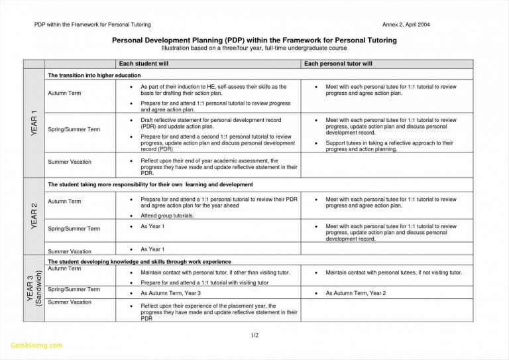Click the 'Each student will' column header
pos(145,64)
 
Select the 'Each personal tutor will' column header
pos(338,64)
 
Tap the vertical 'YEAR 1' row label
pos(34,124)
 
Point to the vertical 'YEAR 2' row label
pos(34,216)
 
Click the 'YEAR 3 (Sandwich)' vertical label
pos(34,288)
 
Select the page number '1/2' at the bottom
pos(254,335)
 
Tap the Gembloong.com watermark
pos(37,345)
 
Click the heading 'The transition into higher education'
pos(94,76)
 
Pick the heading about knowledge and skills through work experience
pos(139,262)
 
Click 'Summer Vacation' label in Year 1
pos(70,162)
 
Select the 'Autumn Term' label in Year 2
pos(64,201)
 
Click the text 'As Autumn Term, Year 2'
pos(356,292)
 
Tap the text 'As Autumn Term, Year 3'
pos(171,292)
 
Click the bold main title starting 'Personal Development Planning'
pos(254,40)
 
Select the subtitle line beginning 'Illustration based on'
pos(254,48)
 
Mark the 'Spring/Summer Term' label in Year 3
pos(74,289)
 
